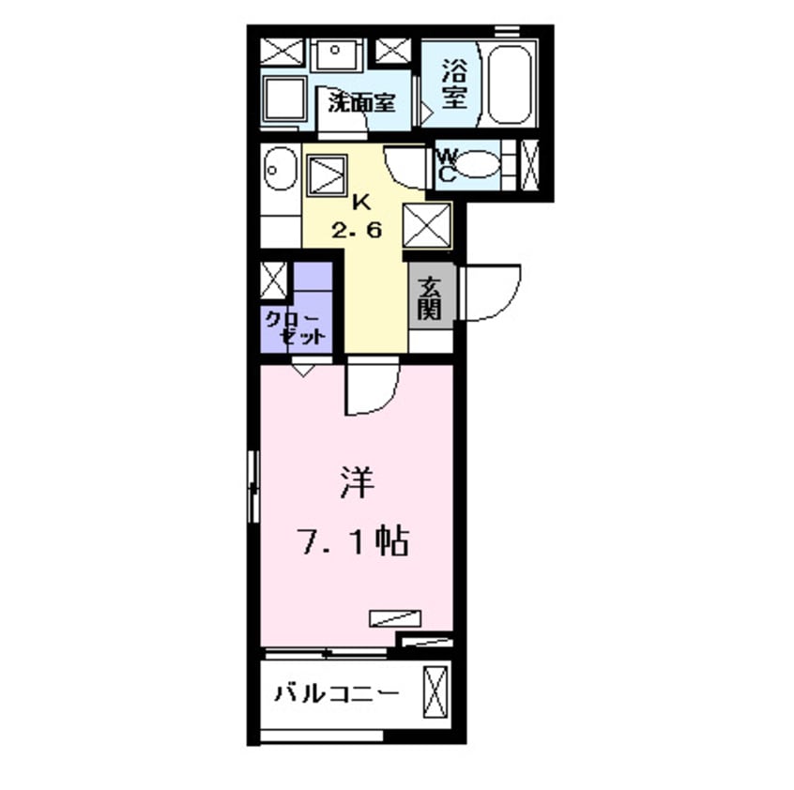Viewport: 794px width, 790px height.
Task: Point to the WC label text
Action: click(447, 166)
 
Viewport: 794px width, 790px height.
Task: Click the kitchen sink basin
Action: click(279, 172)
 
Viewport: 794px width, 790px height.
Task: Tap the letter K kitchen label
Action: click(359, 202)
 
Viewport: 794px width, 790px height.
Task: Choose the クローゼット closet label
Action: click(294, 327)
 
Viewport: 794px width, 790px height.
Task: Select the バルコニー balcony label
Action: click(336, 694)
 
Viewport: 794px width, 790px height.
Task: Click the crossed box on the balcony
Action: click(435, 691)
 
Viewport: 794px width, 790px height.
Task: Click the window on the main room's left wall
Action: click(252, 485)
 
